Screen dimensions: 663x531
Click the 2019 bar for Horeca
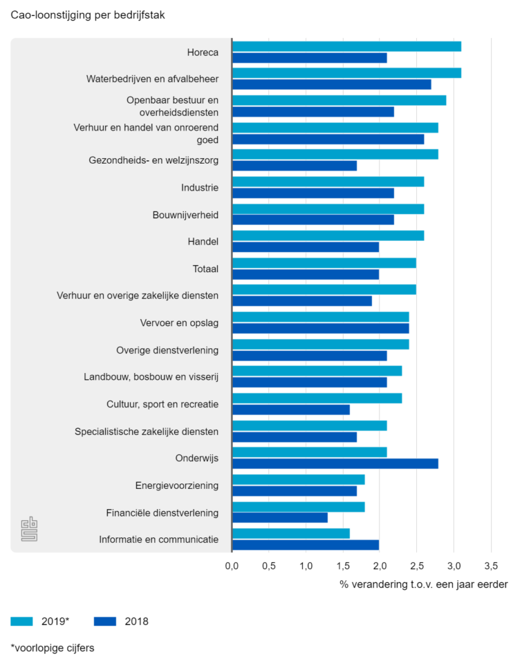346,46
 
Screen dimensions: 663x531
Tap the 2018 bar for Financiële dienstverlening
280,517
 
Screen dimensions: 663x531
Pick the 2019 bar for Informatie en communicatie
291,534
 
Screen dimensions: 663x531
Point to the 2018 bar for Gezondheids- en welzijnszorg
295,166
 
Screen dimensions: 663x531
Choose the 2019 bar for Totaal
324,263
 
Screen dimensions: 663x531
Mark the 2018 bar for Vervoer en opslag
321,328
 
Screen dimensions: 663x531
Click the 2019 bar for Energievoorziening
299,480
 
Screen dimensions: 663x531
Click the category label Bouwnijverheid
185,215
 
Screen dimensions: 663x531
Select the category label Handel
203,242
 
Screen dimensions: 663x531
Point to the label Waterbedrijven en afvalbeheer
152,79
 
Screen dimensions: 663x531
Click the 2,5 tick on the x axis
417,566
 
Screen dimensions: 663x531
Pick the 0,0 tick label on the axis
232,566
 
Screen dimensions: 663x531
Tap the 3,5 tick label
491,566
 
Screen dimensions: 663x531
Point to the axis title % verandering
423,585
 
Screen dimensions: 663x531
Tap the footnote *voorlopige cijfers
53,648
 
